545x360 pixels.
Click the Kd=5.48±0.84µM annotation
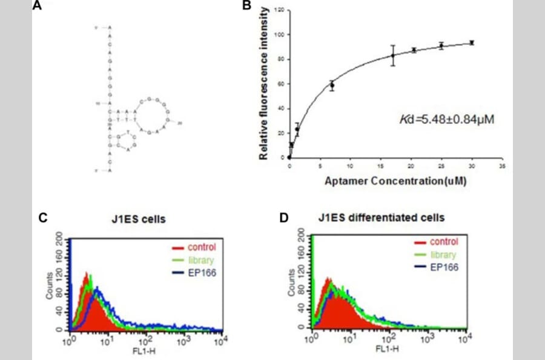point(448,119)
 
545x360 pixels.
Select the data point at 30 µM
point(472,42)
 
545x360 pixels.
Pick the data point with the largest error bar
point(392,55)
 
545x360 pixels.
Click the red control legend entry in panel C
point(194,247)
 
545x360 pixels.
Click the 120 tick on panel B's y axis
point(280,10)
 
